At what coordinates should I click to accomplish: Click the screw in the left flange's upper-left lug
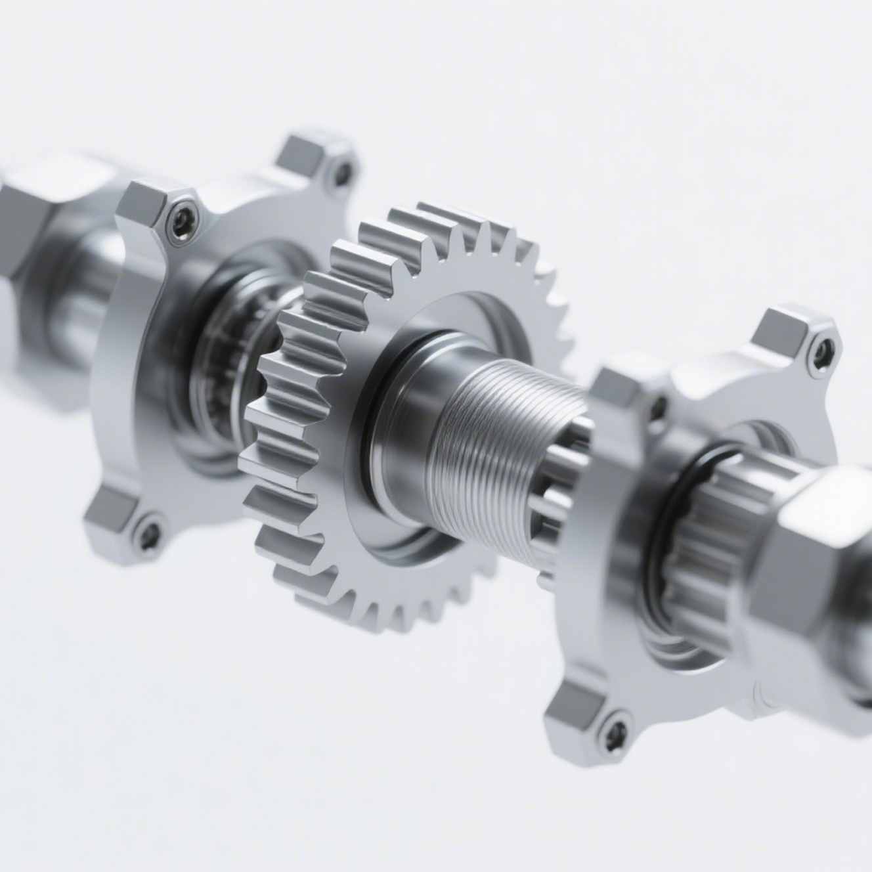coord(180,220)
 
